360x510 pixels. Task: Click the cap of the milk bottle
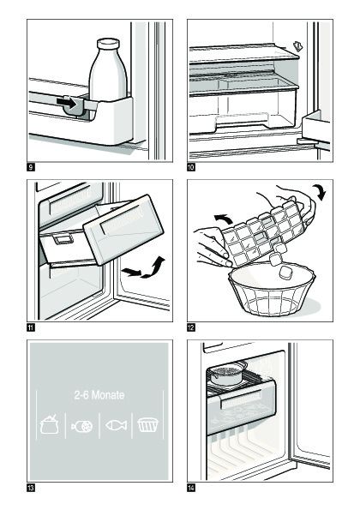108,44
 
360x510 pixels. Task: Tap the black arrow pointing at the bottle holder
66,103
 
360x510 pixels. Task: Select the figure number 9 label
31,167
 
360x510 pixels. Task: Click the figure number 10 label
191,167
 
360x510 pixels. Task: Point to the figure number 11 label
31,327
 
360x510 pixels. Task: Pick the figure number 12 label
191,327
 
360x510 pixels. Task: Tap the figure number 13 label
31,488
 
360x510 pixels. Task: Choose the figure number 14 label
191,488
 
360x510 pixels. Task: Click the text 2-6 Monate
99,395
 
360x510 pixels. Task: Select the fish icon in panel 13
116,425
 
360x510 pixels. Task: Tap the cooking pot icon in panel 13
50,424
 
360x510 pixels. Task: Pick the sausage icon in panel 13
82,426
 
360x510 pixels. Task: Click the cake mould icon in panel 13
148,425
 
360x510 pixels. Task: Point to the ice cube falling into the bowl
285,272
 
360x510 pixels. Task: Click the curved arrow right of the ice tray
319,191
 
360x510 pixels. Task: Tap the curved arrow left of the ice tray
224,219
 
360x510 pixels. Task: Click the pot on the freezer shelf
226,373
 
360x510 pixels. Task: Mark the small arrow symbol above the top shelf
298,46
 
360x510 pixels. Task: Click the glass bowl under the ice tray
272,289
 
